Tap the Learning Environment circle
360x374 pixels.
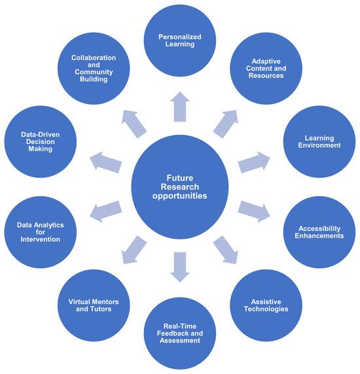coord(321,141)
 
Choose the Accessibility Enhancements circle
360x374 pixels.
coord(321,232)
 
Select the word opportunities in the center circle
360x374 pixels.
coord(180,195)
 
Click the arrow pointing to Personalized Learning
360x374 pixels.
coord(180,107)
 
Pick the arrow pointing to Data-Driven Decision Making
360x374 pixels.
coord(106,160)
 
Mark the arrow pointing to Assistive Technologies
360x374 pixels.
coord(225,248)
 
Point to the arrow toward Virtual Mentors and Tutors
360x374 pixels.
coord(134,248)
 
